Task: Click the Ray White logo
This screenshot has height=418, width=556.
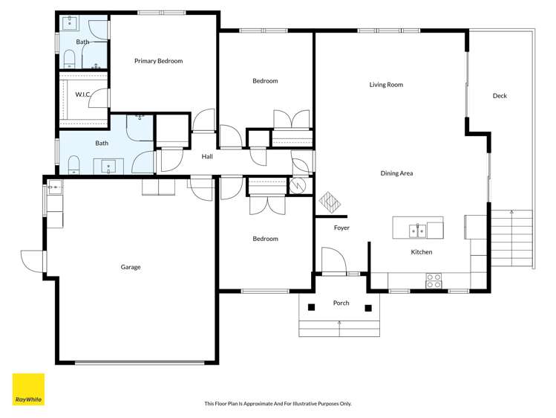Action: point(28,389)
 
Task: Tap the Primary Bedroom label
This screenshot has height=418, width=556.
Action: point(158,61)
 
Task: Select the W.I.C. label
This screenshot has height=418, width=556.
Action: point(82,94)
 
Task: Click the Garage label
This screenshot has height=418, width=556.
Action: point(131,267)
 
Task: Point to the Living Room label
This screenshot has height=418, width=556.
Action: point(386,85)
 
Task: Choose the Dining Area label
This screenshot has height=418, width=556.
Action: point(396,173)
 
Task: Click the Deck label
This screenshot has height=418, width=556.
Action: point(500,96)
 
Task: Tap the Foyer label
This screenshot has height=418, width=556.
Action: point(341,228)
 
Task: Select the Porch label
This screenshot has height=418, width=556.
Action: point(341,303)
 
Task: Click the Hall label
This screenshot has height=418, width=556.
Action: point(207,156)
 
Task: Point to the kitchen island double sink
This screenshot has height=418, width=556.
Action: point(418,231)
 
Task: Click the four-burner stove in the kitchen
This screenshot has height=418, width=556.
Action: point(434,280)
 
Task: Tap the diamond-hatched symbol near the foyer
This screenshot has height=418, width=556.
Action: point(329,201)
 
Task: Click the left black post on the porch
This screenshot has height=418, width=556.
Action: point(312,307)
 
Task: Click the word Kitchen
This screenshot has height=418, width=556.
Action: point(422,252)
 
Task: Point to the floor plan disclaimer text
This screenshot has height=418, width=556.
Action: point(278,404)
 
